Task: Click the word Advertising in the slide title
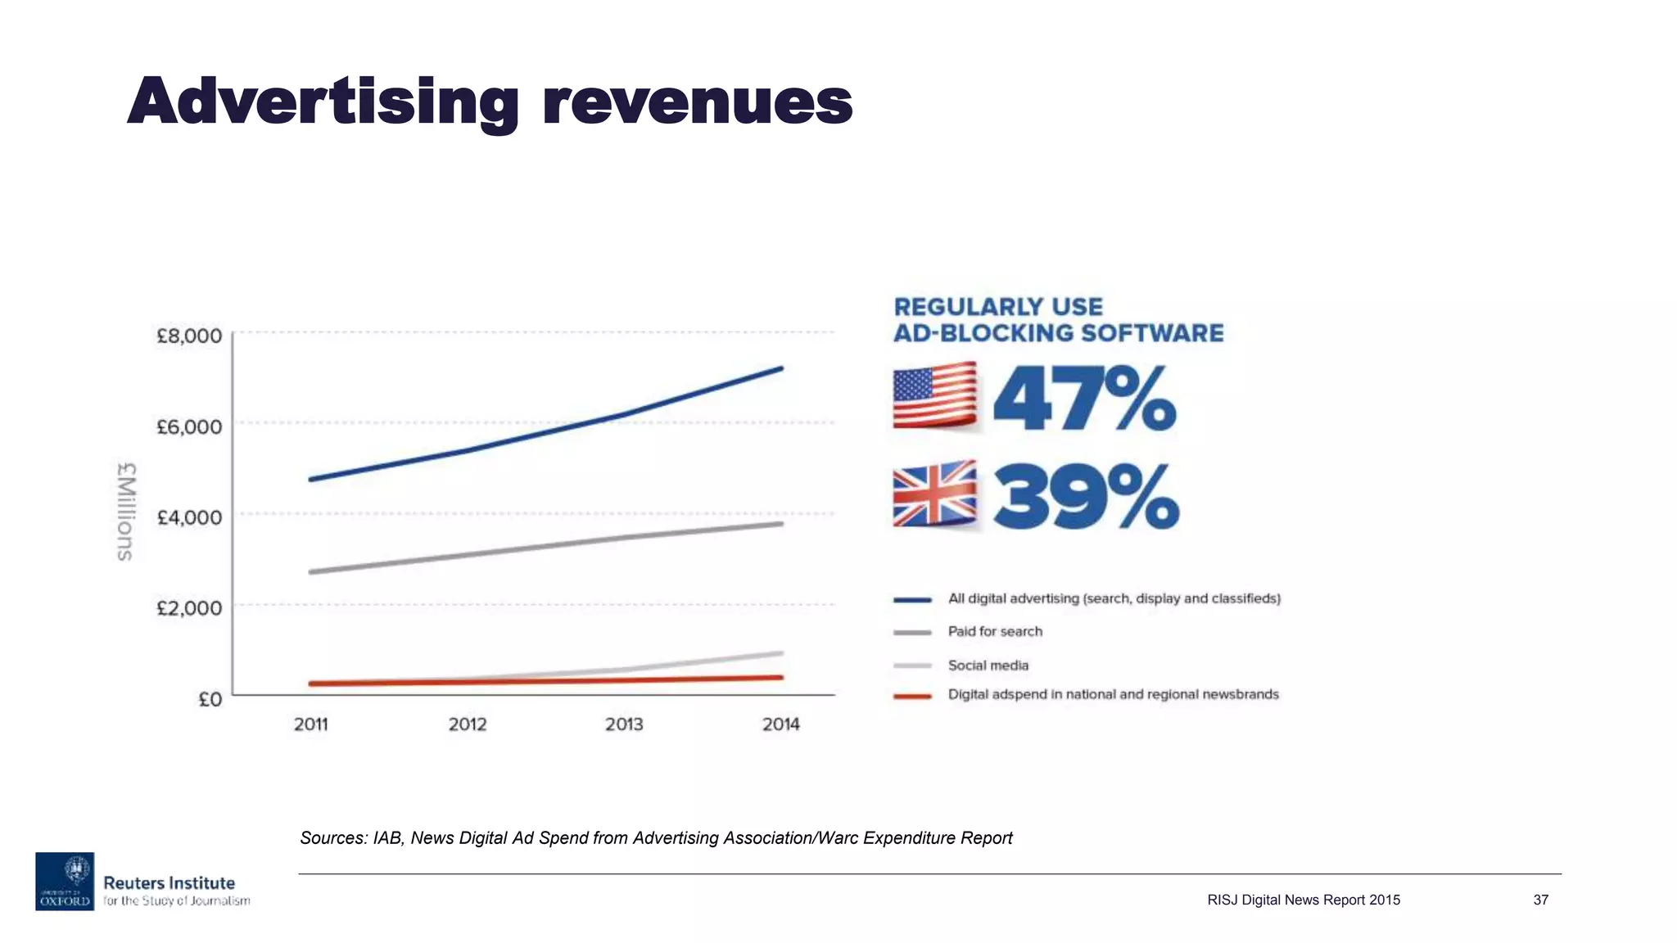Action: pyautogui.click(x=323, y=103)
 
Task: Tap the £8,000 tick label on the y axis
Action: pyautogui.click(x=189, y=336)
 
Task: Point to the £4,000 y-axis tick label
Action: pyautogui.click(x=189, y=517)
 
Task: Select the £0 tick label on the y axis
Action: pyautogui.click(x=210, y=699)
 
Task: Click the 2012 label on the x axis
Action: pyautogui.click(x=468, y=724)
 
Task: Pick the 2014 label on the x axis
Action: pyautogui.click(x=780, y=724)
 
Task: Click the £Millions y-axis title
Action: pyautogui.click(x=125, y=512)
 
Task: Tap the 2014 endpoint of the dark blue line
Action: pyautogui.click(x=781, y=368)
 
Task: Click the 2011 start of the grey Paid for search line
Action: pyautogui.click(x=311, y=571)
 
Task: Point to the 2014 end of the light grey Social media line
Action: pyautogui.click(x=781, y=653)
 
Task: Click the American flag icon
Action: pyautogui.click(x=934, y=396)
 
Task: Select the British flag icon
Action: pyautogui.click(x=934, y=494)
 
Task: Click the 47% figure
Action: pyautogui.click(x=1084, y=399)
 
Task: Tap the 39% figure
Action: pyautogui.click(x=1086, y=497)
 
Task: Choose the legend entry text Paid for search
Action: pyautogui.click(x=995, y=632)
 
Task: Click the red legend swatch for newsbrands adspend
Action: pyautogui.click(x=912, y=697)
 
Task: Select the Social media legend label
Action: pyautogui.click(x=988, y=666)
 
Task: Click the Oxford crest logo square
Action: pyautogui.click(x=65, y=881)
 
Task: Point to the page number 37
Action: pyautogui.click(x=1540, y=900)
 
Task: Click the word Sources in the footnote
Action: pyautogui.click(x=332, y=838)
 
